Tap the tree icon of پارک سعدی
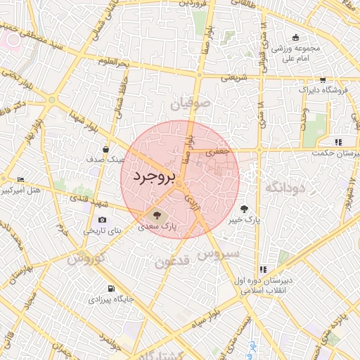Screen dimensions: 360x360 click(156, 214)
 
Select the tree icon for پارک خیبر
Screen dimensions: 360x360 click(244, 209)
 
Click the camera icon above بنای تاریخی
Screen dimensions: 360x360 click(103, 221)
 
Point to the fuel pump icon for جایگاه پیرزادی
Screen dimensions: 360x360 click(111, 289)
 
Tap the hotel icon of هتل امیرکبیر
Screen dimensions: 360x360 click(20, 180)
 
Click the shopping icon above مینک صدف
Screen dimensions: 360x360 click(105, 149)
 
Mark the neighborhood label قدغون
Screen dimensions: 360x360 click(172, 263)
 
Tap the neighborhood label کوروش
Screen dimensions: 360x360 click(87, 258)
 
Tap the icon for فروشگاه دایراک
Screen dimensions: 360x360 click(322, 79)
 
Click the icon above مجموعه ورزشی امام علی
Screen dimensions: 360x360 click(296, 37)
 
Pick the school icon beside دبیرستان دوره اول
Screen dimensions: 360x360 click(263, 269)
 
